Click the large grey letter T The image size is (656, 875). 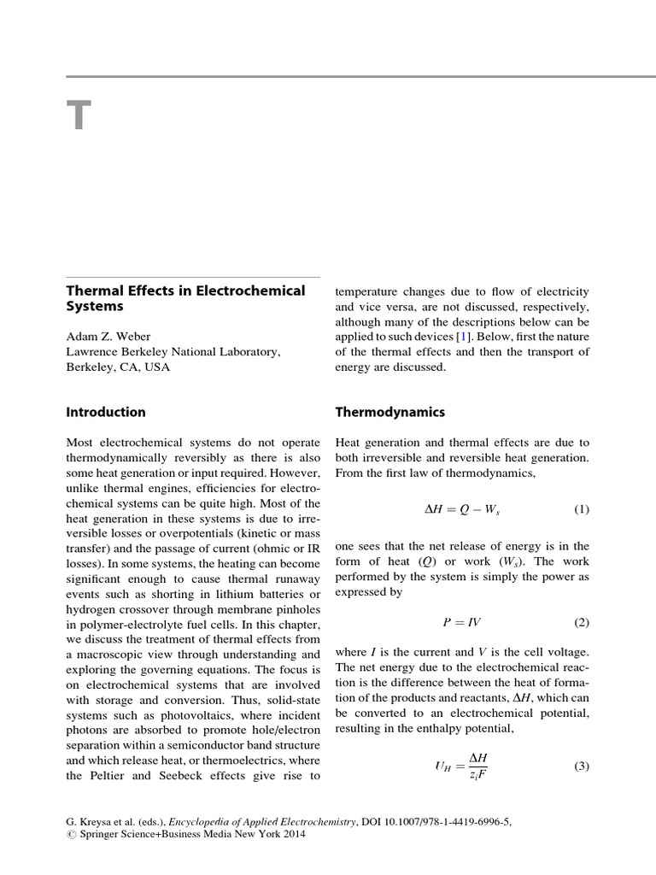(78, 115)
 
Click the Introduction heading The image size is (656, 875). (106, 412)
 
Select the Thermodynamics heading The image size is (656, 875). (389, 412)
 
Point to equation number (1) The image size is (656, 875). (581, 510)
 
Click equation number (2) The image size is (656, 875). (581, 623)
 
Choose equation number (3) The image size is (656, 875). (581, 766)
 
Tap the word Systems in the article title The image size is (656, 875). (95, 306)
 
